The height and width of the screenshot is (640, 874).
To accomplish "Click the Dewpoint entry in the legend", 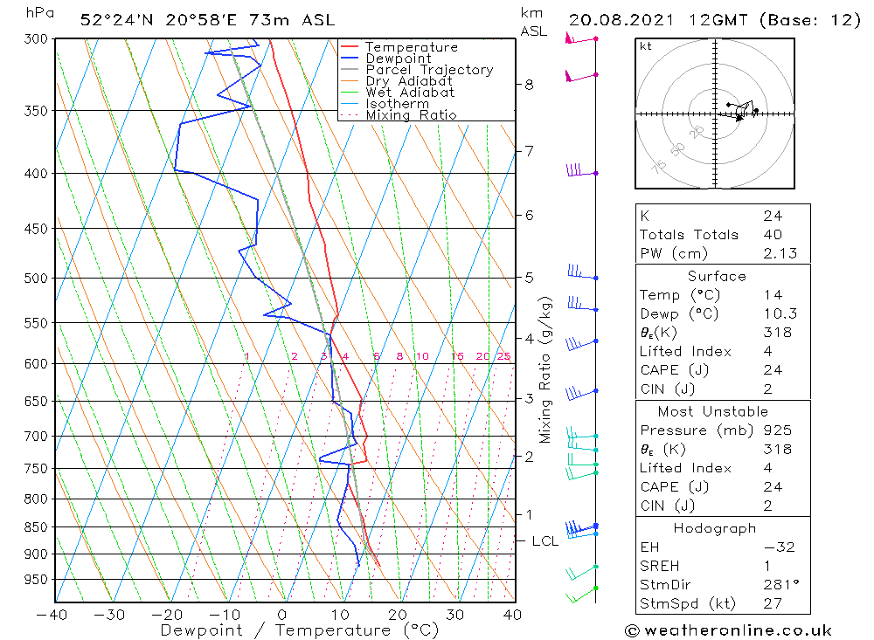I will pos(398,58).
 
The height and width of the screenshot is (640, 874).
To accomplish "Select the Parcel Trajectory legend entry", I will pos(429,70).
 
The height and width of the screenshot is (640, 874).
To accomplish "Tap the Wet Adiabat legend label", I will pos(410,93).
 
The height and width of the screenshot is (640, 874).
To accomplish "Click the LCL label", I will pos(545,541).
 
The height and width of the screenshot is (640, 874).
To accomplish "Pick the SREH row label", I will pos(660,567).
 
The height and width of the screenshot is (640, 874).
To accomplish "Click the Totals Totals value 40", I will pos(772,235).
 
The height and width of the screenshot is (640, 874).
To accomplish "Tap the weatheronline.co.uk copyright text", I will pos(728,630).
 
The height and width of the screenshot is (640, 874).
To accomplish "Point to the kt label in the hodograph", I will pos(646,46).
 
